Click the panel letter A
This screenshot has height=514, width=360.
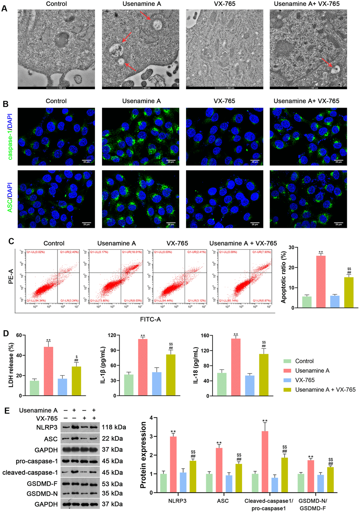pos(5,8)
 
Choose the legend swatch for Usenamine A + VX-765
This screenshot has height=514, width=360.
pos(288,389)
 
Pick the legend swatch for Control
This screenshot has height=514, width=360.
pos(288,361)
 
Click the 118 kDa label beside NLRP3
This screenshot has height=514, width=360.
pos(114,427)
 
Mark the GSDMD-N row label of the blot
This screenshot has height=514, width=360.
pos(42,493)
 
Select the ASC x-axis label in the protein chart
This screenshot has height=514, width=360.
pos(223,501)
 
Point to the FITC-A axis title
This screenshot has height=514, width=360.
pos(150,319)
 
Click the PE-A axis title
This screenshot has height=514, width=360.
pos(11,277)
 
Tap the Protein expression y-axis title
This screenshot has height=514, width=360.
pos(143,455)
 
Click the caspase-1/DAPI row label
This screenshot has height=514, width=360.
pos(10,137)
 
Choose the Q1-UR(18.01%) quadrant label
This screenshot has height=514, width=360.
pos(132,252)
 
